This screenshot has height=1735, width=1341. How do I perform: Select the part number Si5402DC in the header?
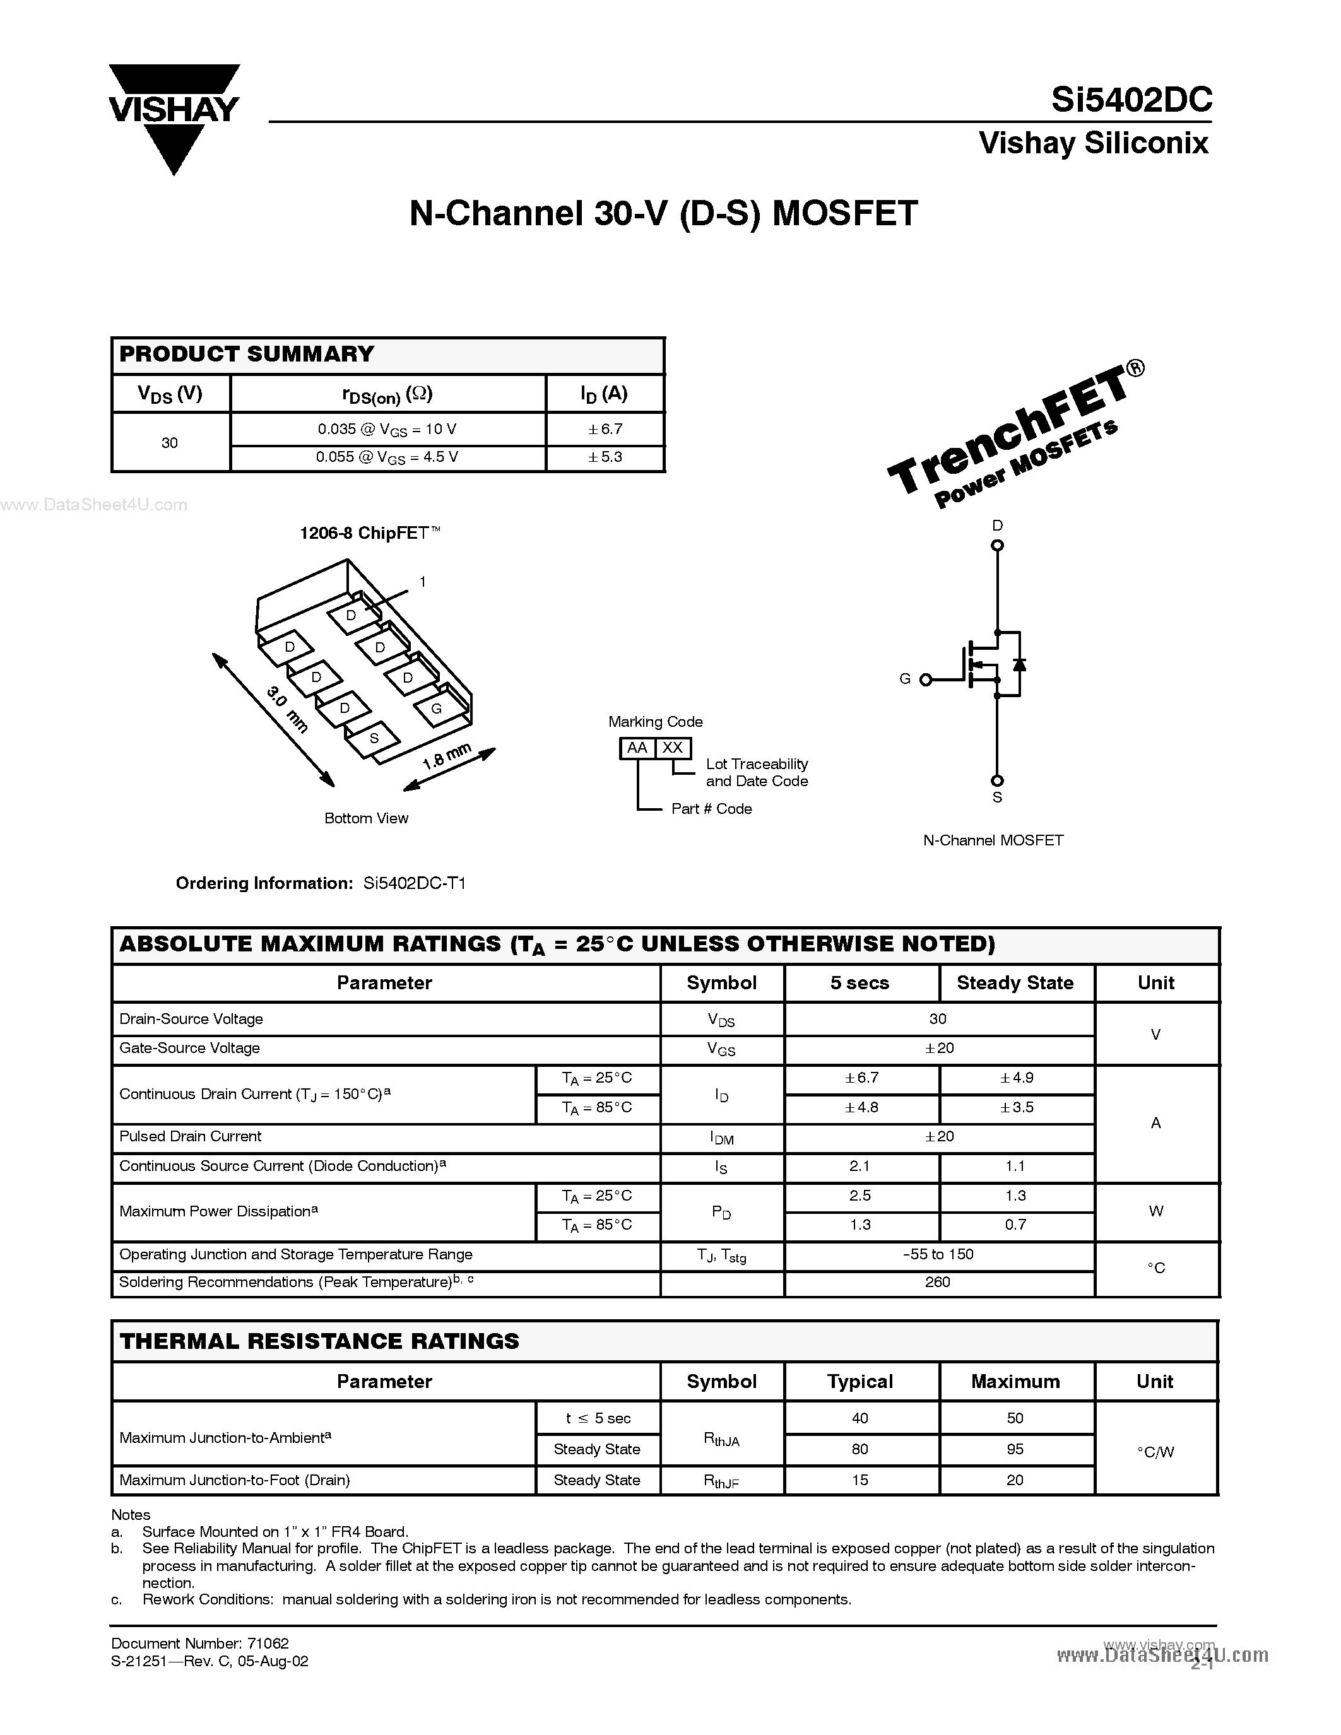tap(1131, 99)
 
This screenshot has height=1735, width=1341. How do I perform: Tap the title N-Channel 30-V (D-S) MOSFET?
tap(663, 213)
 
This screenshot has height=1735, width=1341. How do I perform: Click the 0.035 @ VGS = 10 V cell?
tap(387, 429)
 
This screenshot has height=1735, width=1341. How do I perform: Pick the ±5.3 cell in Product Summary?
tap(605, 457)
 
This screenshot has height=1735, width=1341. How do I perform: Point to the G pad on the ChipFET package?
tap(436, 709)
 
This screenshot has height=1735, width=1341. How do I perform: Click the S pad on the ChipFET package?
tap(374, 738)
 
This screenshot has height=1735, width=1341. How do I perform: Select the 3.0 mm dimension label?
tap(287, 708)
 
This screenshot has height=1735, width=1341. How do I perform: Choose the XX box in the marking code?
tap(673, 748)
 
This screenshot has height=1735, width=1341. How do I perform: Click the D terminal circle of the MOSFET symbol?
tap(998, 545)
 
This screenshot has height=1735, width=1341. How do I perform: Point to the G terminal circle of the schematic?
tap(925, 679)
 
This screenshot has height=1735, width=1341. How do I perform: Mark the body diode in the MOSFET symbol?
tap(1019, 664)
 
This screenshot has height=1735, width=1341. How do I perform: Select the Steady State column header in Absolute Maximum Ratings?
tap(1015, 983)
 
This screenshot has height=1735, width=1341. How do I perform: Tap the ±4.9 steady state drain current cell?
tap(1016, 1078)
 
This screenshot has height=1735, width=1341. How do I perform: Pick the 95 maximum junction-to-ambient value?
tap(1015, 1449)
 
